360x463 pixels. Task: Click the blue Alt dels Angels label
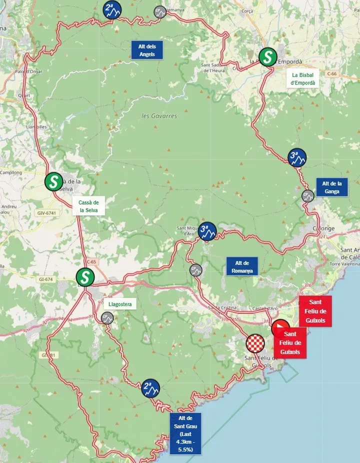(x=147, y=50)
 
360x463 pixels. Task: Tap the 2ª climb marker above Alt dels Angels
(x=111, y=10)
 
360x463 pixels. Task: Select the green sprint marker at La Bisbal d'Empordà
(x=268, y=57)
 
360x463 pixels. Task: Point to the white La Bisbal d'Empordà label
(x=303, y=79)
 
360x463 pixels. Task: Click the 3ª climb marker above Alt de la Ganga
(x=297, y=157)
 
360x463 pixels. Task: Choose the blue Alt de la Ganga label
(x=331, y=187)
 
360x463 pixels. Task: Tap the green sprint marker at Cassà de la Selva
(x=53, y=182)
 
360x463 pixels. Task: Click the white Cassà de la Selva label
(x=88, y=206)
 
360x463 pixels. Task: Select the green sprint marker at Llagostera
(x=85, y=277)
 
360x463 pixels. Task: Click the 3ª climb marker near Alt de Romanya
(x=207, y=231)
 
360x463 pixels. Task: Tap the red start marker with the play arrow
(x=280, y=328)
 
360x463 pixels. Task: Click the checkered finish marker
(x=255, y=344)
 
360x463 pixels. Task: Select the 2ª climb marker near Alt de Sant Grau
(x=150, y=387)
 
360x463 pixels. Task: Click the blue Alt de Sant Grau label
(x=185, y=433)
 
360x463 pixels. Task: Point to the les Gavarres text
(x=159, y=116)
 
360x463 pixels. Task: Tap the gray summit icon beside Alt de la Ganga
(x=308, y=195)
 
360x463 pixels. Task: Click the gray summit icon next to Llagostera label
(x=107, y=317)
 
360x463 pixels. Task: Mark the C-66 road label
(x=332, y=74)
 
